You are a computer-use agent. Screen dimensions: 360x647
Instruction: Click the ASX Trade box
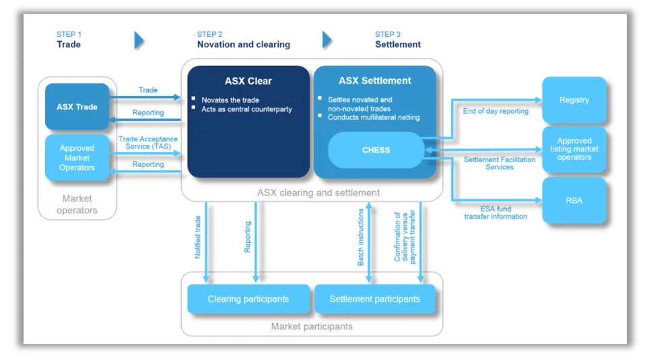77,106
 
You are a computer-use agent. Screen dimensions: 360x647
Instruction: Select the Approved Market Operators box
77,157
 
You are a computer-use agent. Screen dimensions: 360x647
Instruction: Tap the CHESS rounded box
376,150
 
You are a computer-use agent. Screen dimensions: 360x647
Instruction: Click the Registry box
574,100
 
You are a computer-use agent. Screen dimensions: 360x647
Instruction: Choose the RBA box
574,200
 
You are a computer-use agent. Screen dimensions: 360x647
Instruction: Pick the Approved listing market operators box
574,149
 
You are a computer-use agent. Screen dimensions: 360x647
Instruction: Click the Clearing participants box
248,299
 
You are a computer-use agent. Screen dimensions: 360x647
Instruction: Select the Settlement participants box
374,299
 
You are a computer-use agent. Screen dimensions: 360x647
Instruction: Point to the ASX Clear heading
248,81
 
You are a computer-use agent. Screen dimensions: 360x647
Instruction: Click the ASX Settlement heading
374,81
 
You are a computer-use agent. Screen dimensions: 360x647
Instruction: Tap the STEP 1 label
69,34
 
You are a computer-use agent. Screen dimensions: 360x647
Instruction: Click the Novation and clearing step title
243,44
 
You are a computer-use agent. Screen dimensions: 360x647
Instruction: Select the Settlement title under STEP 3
398,44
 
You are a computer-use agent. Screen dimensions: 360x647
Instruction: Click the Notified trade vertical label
198,236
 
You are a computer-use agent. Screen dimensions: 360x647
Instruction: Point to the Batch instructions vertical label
361,236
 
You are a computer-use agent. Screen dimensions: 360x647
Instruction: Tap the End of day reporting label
496,111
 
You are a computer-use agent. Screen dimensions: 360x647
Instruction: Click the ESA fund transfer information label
496,213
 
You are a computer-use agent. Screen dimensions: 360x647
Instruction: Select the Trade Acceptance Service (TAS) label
147,143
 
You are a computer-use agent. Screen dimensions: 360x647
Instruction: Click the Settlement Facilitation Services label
500,163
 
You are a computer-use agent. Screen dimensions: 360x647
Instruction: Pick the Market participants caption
312,326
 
